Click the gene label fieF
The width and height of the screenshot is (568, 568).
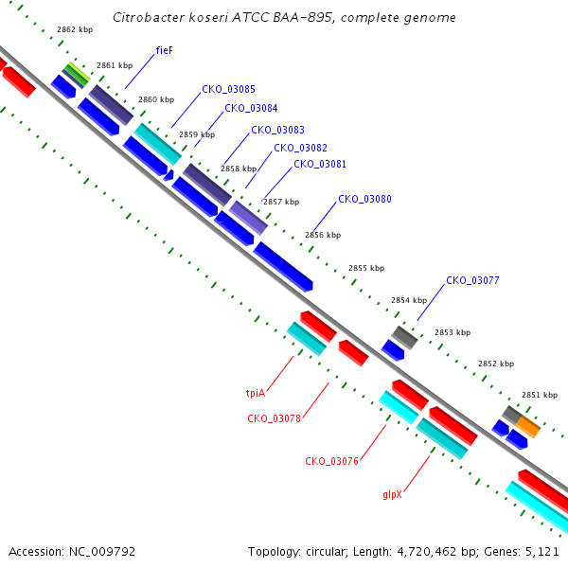click(164, 50)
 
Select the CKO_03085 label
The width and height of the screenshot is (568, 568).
click(228, 89)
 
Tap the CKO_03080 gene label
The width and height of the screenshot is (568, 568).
click(364, 199)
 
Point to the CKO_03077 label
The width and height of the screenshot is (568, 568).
click(472, 280)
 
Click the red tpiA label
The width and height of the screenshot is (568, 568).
click(256, 393)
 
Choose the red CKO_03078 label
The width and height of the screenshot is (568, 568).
click(274, 418)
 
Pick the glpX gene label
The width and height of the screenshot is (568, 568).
click(392, 494)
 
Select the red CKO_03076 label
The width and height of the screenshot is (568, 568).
click(332, 461)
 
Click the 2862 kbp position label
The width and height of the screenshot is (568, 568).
click(75, 29)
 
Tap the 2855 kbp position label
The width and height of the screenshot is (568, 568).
click(366, 268)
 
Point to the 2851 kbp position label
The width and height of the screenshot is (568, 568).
click(540, 395)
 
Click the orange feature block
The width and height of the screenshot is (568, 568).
click(528, 426)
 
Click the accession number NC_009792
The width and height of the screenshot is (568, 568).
click(102, 552)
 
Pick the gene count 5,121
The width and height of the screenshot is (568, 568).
click(541, 552)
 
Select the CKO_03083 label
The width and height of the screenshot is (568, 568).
click(277, 130)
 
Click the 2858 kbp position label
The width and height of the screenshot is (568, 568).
click(239, 169)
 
